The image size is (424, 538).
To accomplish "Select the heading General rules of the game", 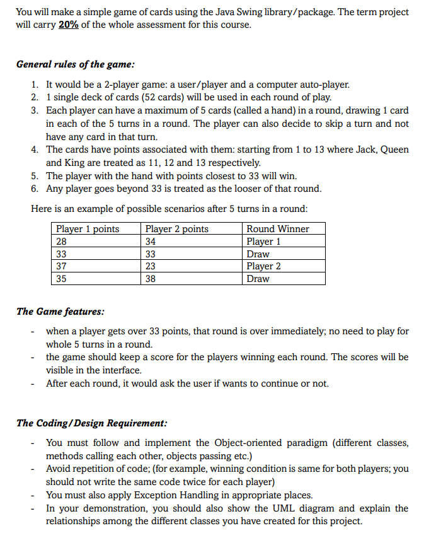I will [x=75, y=64].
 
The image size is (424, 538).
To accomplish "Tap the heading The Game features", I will [x=60, y=311].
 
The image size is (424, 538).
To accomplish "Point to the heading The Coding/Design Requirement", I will [x=91, y=423].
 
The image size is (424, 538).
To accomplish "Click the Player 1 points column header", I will [x=88, y=229].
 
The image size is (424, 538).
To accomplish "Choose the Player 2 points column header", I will [x=177, y=229].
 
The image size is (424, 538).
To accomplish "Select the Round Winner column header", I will [x=277, y=229].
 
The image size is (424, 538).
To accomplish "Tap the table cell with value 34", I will [x=151, y=242].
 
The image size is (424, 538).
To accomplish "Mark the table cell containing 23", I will [x=151, y=266].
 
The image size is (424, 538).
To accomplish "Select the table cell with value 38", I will [x=151, y=279].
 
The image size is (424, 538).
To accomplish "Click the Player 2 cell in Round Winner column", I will [x=263, y=266].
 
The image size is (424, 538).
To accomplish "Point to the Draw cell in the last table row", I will [x=258, y=279].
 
